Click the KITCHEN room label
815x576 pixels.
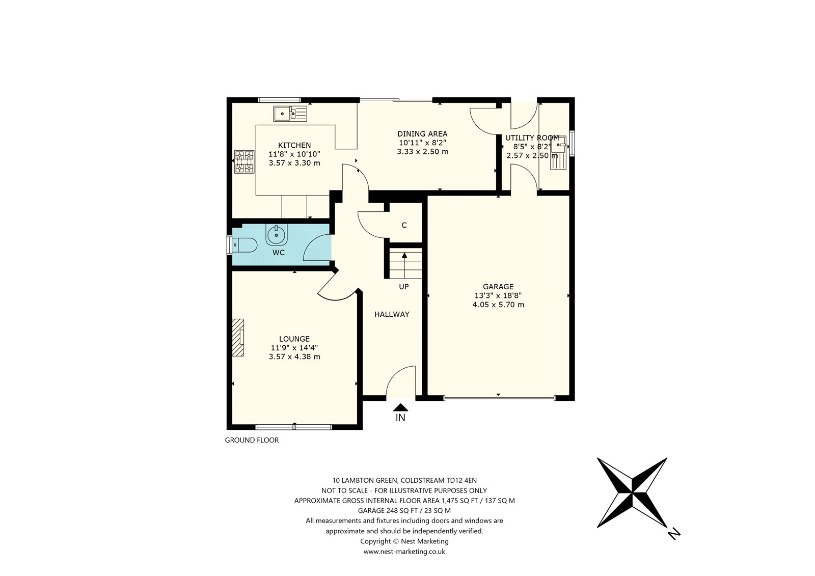[x=294, y=145]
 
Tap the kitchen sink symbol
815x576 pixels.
[x=290, y=114]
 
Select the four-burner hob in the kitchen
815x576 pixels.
[x=244, y=162]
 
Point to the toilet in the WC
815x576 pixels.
[x=244, y=245]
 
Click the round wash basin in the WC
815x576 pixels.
[x=277, y=234]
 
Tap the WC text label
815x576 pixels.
[x=279, y=253]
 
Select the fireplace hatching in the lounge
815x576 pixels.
[x=238, y=337]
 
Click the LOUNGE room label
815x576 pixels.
[x=294, y=339]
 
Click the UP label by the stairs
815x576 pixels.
[x=404, y=287]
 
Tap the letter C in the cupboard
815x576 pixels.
[x=404, y=225]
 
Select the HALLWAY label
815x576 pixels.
[x=392, y=314]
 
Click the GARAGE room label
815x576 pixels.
[x=498, y=287]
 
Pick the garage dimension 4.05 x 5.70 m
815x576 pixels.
[x=498, y=305]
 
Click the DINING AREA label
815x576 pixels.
[x=422, y=134]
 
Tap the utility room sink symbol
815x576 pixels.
[x=558, y=153]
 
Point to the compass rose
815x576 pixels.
[x=632, y=492]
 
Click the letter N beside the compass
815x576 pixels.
[x=674, y=533]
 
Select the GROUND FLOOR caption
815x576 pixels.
[x=252, y=441]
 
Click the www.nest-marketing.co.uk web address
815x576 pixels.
[x=404, y=551]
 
